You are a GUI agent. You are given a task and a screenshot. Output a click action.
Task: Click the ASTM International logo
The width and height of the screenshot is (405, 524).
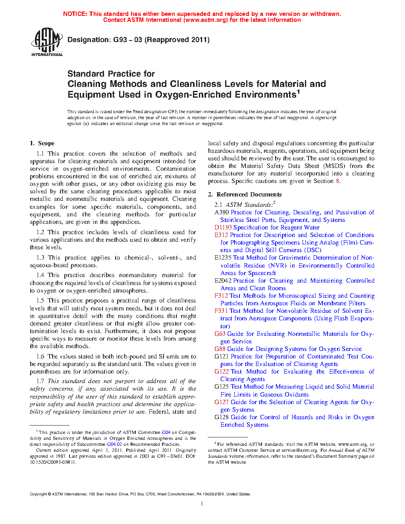point(47,41)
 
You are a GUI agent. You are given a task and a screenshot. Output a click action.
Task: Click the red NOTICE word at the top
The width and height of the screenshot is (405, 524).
point(75,14)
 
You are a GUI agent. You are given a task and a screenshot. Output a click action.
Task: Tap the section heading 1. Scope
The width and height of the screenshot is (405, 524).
point(42,143)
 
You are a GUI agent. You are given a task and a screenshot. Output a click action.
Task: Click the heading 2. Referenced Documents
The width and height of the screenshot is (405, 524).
point(245,195)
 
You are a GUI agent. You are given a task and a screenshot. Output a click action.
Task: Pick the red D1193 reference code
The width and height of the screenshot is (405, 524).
point(223,227)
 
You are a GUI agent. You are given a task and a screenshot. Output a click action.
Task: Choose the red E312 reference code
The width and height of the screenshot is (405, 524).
point(221,235)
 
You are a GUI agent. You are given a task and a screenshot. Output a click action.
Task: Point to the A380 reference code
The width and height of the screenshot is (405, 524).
point(222,212)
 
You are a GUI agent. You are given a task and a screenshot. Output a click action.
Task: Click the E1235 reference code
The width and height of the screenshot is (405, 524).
point(223,258)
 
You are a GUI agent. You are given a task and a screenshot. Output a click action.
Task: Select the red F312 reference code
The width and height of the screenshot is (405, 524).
point(221,296)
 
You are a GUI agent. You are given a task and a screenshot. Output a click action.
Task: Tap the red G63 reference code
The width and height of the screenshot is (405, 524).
point(220,334)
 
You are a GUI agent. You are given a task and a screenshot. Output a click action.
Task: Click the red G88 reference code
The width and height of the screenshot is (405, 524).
point(220,349)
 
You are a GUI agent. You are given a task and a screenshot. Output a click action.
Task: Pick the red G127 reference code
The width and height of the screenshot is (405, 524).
point(222,402)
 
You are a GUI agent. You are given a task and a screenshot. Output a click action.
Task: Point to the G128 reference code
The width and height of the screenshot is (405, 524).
point(222,417)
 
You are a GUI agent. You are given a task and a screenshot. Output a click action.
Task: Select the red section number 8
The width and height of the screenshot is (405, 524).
point(337,181)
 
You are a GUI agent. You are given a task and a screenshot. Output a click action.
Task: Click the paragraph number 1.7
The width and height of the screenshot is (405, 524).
point(40,381)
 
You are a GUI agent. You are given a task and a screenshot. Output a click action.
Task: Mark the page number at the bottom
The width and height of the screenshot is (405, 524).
point(202,504)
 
